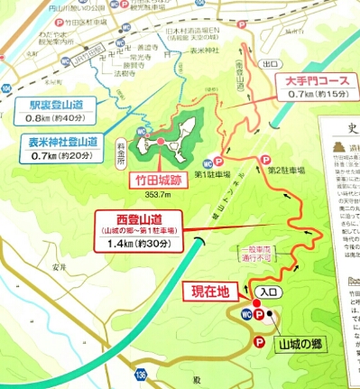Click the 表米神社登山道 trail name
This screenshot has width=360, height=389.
point(57,144)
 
